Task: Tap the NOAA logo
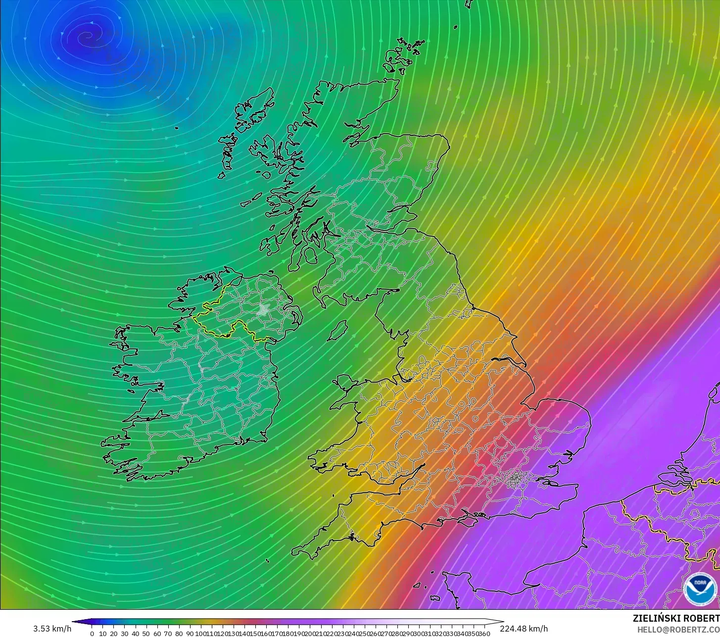coord(700,589)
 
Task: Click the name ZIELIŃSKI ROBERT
coord(676,619)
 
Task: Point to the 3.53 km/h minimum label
coord(52,629)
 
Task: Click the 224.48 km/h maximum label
coord(524,629)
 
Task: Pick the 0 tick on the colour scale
coord(92,634)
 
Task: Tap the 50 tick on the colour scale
coord(146,634)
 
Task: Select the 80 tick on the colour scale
coord(179,634)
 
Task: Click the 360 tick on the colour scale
coord(485,634)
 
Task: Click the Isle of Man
coord(338,331)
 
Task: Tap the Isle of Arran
coord(310,256)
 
